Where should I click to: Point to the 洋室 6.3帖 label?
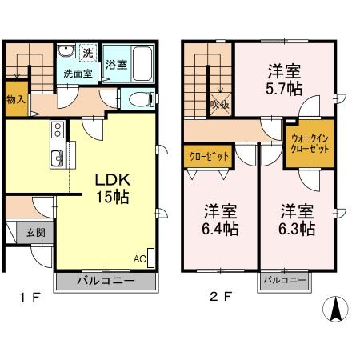tap(297, 220)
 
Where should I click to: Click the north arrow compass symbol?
tap(334, 309)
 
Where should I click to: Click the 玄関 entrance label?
tap(34, 233)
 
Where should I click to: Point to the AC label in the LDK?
tap(139, 259)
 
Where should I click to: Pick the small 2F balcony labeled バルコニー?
tap(283, 282)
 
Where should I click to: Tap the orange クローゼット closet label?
tap(206, 157)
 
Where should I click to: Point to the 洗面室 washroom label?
tap(78, 73)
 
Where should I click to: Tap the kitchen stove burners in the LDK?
tap(57, 130)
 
